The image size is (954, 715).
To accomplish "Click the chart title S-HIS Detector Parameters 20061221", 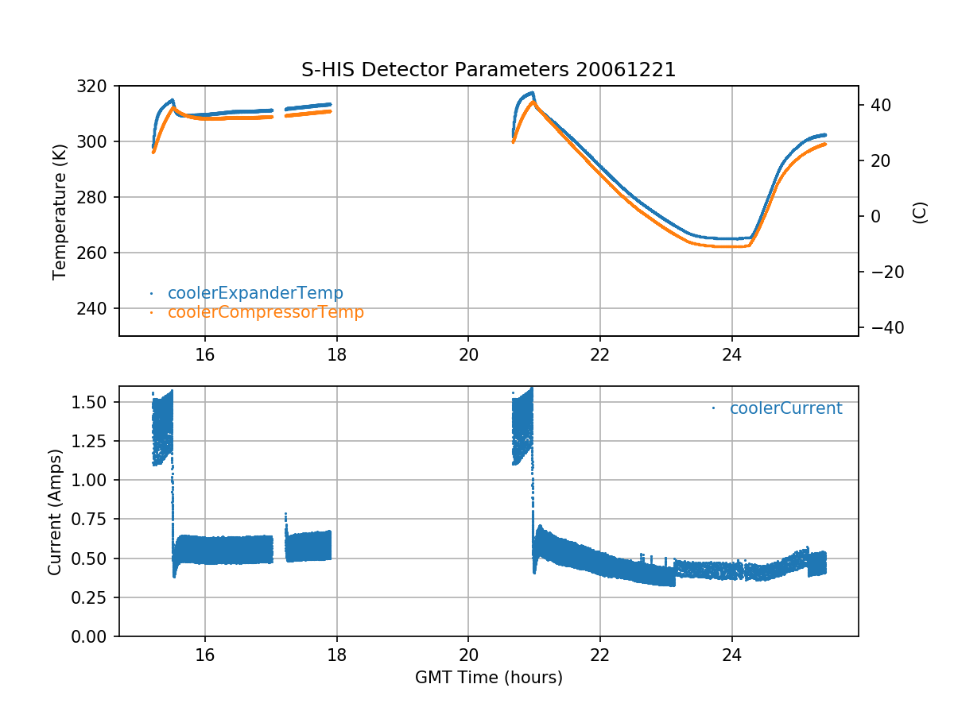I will (x=488, y=70).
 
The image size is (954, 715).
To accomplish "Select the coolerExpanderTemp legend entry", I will (x=255, y=293).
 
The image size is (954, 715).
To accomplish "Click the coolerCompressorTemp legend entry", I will (x=266, y=312).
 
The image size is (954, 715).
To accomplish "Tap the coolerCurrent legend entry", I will (x=785, y=408).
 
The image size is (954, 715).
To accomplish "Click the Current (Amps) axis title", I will (x=54, y=511).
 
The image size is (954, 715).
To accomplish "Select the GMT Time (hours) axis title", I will (x=488, y=678).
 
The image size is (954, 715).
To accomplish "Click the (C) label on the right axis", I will (x=920, y=212).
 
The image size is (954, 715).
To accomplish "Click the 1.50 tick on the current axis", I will (x=94, y=402).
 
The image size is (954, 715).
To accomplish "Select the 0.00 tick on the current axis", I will (x=94, y=636).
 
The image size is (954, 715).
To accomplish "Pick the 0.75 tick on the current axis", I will (x=94, y=519).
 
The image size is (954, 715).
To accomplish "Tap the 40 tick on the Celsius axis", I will (x=878, y=105).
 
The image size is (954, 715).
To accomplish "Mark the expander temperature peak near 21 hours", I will (x=532, y=93).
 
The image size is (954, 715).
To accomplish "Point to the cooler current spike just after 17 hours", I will (x=285, y=514).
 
